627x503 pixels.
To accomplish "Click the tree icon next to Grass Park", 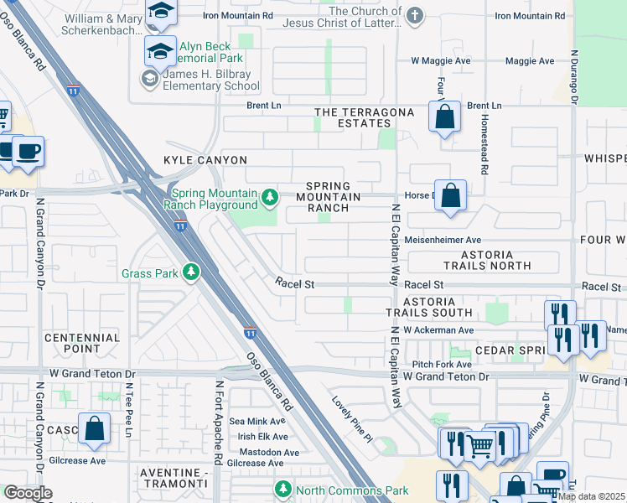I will pos(191,272).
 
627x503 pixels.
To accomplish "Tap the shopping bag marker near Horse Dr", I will pos(451,197).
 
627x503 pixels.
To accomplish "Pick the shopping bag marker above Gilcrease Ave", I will pos(96,429).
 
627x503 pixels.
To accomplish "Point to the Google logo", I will pos(28,493).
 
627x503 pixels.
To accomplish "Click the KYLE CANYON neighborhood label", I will pos(205,160).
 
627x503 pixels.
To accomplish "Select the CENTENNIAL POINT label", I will pos(82,343).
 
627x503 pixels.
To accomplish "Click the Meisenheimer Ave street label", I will pos(442,240).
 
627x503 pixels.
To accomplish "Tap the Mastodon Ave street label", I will pos(262,452).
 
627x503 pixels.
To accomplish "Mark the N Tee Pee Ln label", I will pos(129,411).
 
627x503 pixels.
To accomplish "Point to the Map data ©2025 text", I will pos(592,496).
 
